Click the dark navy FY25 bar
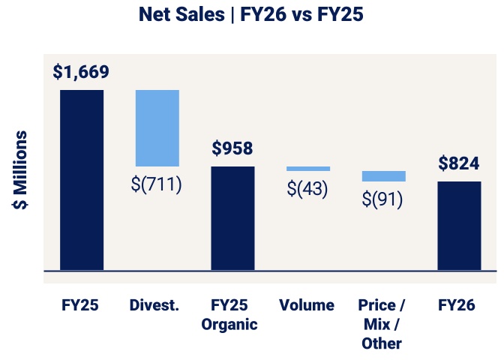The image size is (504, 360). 82,180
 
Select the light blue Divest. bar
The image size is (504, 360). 157,127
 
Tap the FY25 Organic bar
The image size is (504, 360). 232,217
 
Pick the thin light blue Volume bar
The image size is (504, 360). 307,169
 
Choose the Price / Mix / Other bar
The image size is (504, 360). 383,176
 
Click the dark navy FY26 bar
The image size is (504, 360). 459,225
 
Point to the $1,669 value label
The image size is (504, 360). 81,73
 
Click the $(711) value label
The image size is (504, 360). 157,184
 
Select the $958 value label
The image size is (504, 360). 232,148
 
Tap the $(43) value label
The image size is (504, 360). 307,189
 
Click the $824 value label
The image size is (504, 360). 458,163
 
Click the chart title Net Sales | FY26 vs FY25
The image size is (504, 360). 251,16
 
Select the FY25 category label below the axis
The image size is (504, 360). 81,305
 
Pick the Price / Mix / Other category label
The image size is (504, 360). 382,324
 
